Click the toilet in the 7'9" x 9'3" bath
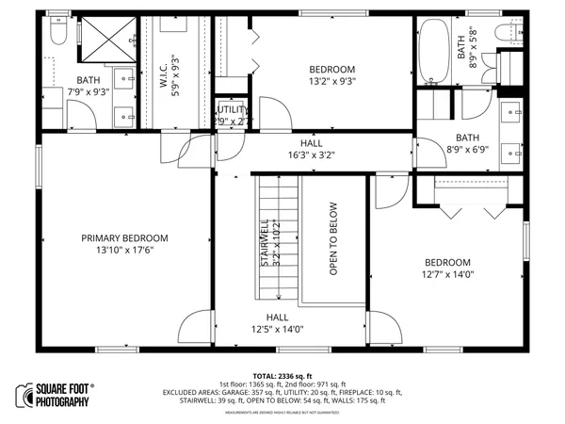(56, 35)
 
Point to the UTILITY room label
(232, 109)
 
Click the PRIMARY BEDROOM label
(124, 237)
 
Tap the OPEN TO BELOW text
(333, 239)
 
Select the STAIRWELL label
(266, 243)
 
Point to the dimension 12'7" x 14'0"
(447, 275)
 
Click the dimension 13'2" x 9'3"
(331, 82)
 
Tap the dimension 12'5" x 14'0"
(277, 330)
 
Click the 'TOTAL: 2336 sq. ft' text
(282, 376)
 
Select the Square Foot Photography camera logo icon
(24, 394)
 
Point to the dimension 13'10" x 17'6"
(124, 251)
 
